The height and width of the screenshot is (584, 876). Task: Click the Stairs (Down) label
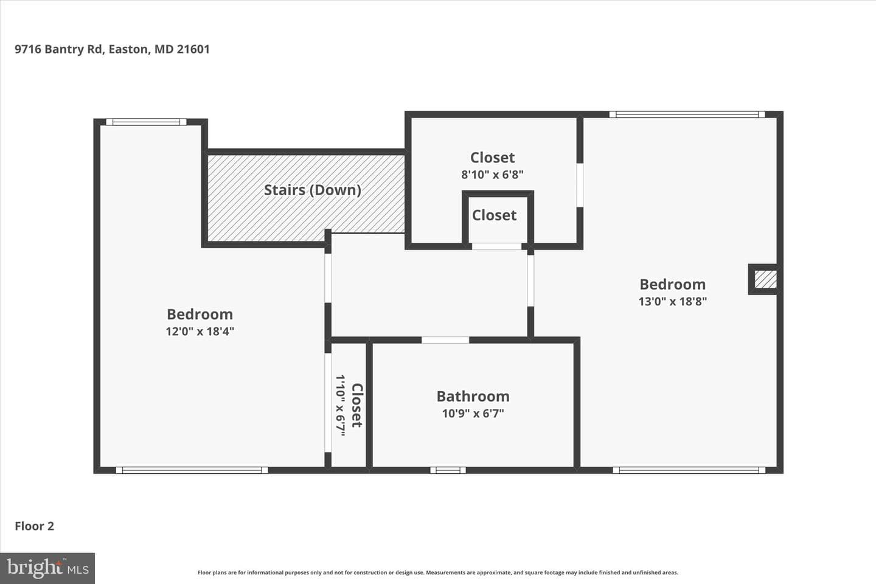pyautogui.click(x=313, y=190)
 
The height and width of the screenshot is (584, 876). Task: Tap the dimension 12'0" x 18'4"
pyautogui.click(x=200, y=332)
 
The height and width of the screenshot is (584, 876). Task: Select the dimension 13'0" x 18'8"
pyautogui.click(x=673, y=302)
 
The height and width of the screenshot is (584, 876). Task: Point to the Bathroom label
pyautogui.click(x=473, y=396)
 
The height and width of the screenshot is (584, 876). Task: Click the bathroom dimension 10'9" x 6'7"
pyautogui.click(x=473, y=414)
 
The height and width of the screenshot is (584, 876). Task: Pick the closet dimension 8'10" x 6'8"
pyautogui.click(x=492, y=175)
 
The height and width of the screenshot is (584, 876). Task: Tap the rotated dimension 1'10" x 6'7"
pyautogui.click(x=341, y=405)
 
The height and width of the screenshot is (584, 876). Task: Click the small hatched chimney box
pyautogui.click(x=765, y=280)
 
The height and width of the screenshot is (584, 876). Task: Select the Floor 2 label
pyautogui.click(x=35, y=526)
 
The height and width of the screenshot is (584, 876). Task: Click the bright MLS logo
pyautogui.click(x=47, y=568)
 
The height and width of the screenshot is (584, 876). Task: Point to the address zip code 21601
pyautogui.click(x=193, y=49)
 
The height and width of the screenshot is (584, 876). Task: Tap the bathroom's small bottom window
pyautogui.click(x=448, y=470)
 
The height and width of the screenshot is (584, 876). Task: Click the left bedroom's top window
pyautogui.click(x=146, y=122)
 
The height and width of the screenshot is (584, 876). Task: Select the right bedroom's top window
pyautogui.click(x=687, y=114)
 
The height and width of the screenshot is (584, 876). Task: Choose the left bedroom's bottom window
pyautogui.click(x=192, y=470)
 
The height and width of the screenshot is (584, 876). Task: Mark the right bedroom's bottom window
pyautogui.click(x=689, y=470)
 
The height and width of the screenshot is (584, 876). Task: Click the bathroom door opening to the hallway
pyautogui.click(x=445, y=340)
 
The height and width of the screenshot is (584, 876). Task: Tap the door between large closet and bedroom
pyautogui.click(x=580, y=185)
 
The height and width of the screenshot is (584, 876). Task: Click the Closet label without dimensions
pyautogui.click(x=495, y=215)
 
